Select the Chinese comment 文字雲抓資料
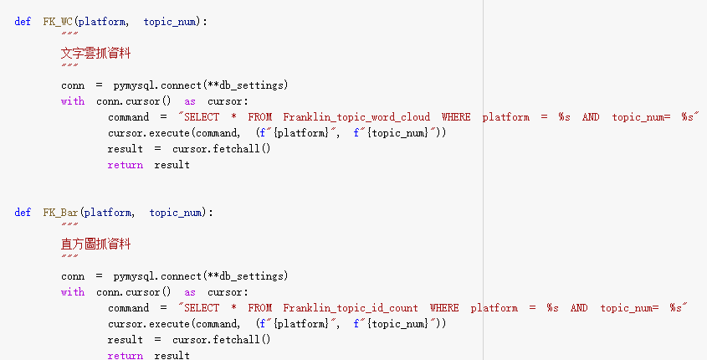point(95,54)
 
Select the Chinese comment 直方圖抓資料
point(95,244)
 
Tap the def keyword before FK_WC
point(23,22)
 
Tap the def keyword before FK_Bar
point(23,213)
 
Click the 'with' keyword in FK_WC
point(73,101)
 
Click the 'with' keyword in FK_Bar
point(73,292)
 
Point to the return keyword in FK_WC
point(125,165)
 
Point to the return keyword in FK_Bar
point(125,356)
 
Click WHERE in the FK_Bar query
point(444,308)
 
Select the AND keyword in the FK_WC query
point(591,117)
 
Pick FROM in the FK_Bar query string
point(260,308)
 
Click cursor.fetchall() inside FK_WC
point(222,149)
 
